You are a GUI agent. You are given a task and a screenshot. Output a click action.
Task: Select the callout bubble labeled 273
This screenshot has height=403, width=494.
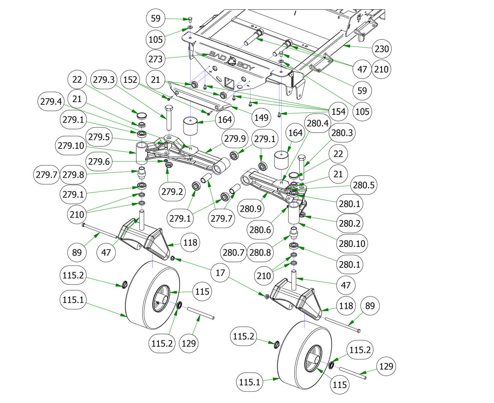155,59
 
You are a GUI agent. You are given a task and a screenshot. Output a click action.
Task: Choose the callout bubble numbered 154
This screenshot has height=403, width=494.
338,111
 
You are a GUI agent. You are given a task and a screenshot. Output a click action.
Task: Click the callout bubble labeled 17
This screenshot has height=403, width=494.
220,273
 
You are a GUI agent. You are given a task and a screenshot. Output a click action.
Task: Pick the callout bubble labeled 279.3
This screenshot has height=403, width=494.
103,79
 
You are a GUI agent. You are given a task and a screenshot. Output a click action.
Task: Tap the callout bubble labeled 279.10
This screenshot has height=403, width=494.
71,145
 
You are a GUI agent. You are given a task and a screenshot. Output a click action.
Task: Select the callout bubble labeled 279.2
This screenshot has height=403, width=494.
172,191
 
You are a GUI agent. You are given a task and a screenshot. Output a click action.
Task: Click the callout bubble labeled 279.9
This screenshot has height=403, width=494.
235,139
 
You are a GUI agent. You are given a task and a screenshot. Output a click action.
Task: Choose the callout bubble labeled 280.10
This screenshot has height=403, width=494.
351,243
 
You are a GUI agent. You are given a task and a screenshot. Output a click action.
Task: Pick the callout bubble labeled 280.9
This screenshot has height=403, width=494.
251,208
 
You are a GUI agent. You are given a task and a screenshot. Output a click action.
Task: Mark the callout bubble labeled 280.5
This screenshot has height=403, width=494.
363,185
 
